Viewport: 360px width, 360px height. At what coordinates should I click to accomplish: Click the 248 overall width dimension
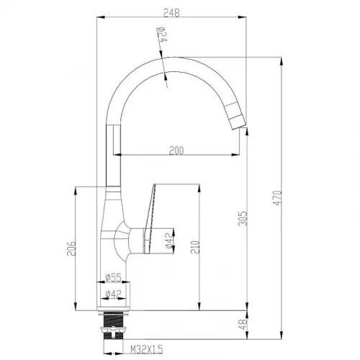click(171, 13)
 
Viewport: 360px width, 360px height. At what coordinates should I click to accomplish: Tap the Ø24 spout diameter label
click(161, 34)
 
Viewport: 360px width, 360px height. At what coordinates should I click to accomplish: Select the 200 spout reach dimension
click(176, 150)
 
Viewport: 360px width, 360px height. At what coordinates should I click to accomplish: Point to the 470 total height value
click(277, 198)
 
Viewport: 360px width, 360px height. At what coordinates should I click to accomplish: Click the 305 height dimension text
click(243, 218)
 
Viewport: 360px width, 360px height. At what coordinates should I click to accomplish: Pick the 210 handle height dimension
click(195, 247)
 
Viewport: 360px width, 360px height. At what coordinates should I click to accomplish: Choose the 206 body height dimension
click(71, 248)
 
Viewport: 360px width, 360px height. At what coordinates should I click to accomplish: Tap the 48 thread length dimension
click(243, 325)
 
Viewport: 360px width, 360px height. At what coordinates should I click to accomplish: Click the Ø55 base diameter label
click(113, 277)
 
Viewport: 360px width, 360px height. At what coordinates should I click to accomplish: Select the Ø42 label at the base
click(113, 294)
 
